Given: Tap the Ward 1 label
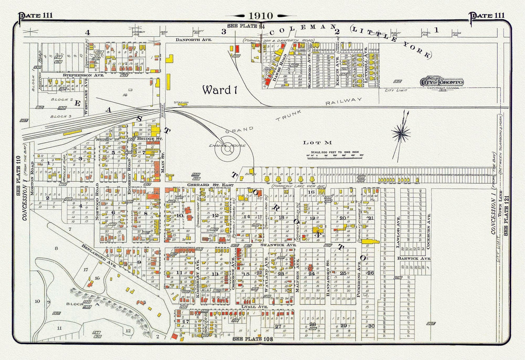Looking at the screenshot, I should point(219,90).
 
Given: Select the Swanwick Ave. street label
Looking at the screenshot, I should point(278,245).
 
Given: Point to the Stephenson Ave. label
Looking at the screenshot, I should point(83,75).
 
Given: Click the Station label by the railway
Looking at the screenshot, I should point(181,102).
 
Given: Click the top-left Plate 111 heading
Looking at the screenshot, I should point(36,15).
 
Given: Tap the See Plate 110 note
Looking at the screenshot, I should point(18,176).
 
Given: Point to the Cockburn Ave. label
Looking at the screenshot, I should point(429,225).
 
